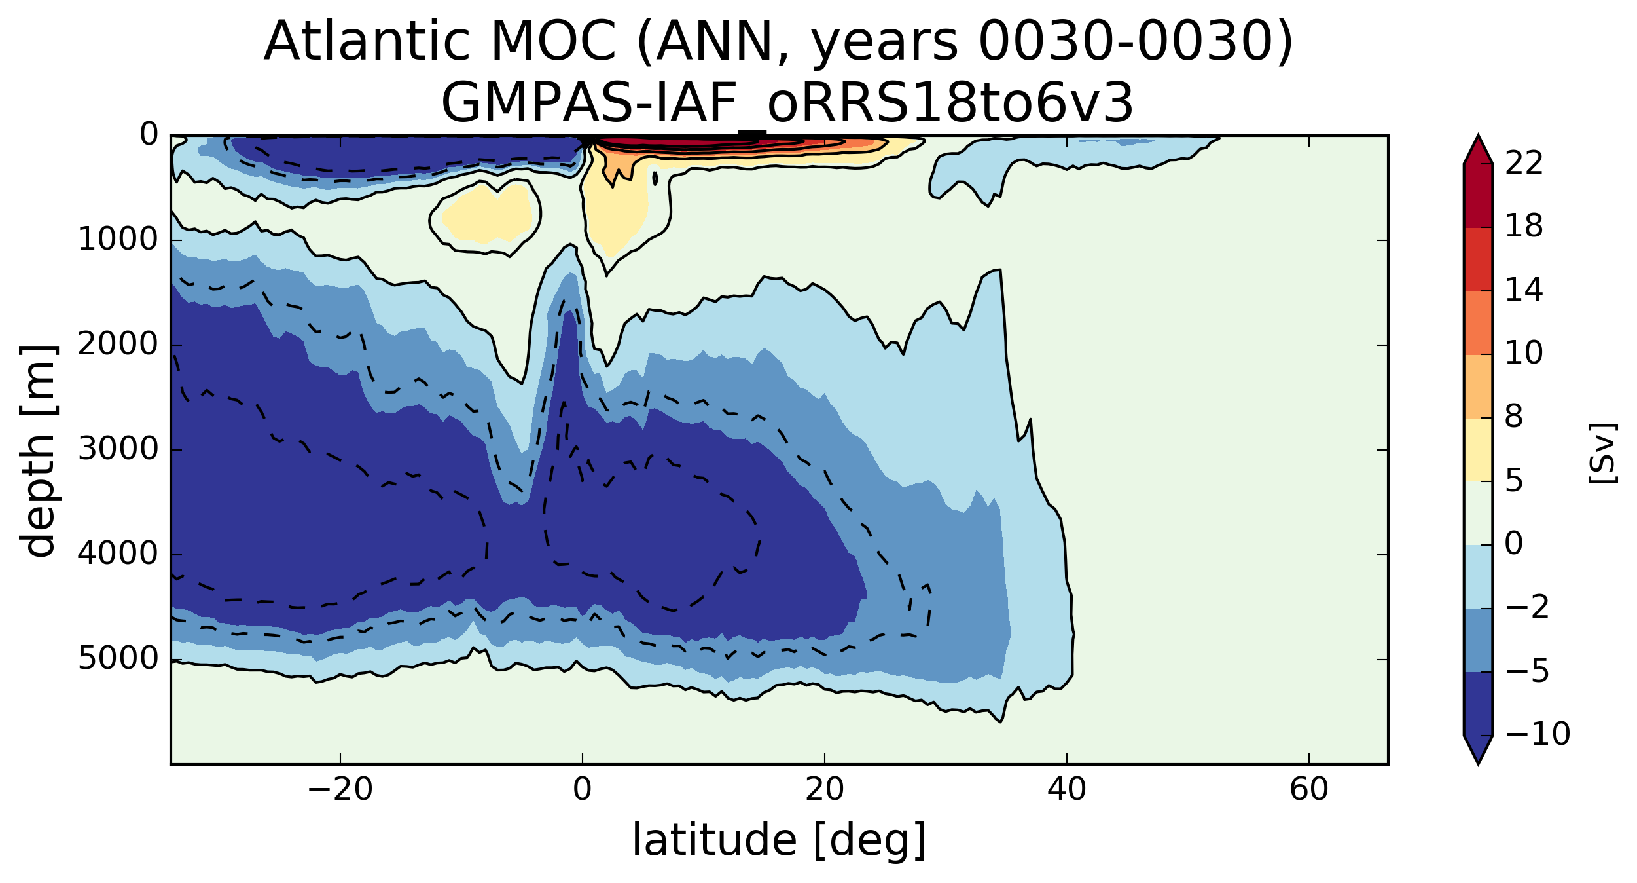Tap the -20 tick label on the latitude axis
coord(340,789)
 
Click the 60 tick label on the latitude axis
coord(1308,789)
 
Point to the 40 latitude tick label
coord(1066,789)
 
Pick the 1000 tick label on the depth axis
coord(118,240)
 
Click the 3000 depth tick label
coord(118,449)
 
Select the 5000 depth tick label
coord(118,659)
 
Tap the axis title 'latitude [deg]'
coord(779,840)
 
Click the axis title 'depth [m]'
coord(38,450)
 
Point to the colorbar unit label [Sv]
coord(1601,453)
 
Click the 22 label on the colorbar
coord(1524,163)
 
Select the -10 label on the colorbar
coord(1538,734)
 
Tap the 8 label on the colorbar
coord(1514,417)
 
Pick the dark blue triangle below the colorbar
coord(1478,747)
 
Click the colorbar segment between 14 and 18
coord(1478,259)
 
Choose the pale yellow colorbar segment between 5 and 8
coord(1478,449)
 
